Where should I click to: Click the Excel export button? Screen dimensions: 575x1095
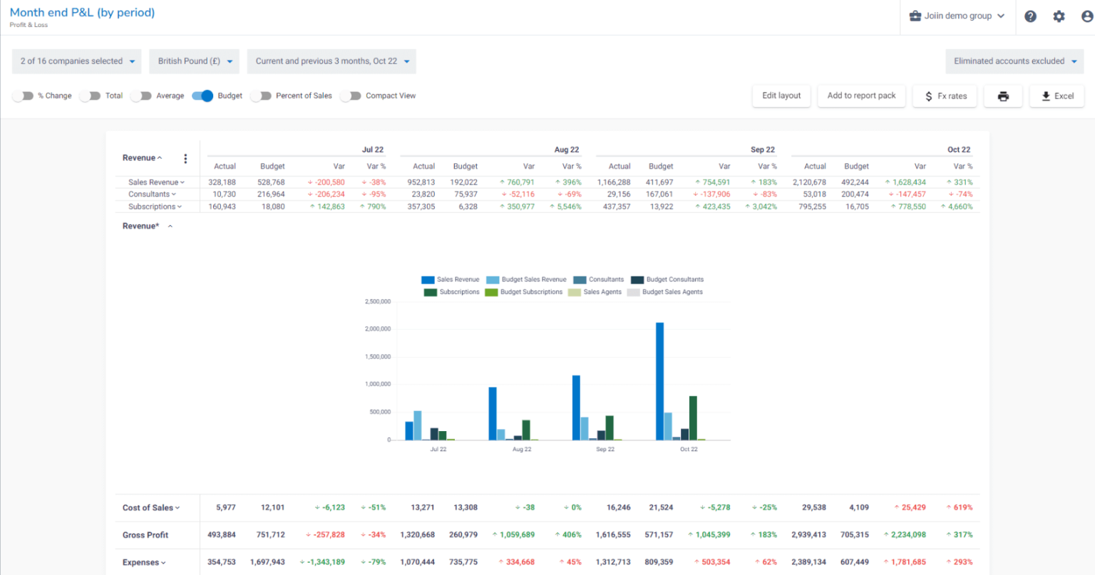pyautogui.click(x=1057, y=96)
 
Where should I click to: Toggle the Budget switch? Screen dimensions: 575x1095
pyautogui.click(x=202, y=96)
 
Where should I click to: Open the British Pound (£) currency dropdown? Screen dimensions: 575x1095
pyautogui.click(x=194, y=61)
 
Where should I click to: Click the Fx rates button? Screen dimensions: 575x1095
pyautogui.click(x=945, y=96)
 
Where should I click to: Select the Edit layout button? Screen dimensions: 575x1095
pyautogui.click(x=781, y=95)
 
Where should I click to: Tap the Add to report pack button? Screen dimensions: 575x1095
pyautogui.click(x=861, y=95)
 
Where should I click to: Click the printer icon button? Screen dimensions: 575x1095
pyautogui.click(x=1003, y=96)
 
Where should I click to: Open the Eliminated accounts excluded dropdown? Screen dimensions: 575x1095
pyautogui.click(x=1014, y=61)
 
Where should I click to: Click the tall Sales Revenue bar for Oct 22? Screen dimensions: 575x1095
pyautogui.click(x=659, y=380)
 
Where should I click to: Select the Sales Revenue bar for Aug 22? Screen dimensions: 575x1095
pyautogui.click(x=493, y=413)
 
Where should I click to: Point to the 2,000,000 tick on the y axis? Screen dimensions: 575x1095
pyautogui.click(x=378, y=329)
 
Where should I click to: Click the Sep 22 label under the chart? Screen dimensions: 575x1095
pyautogui.click(x=605, y=450)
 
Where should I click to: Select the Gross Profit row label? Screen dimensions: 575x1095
pyautogui.click(x=145, y=535)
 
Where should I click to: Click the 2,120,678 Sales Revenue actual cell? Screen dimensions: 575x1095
pyautogui.click(x=809, y=182)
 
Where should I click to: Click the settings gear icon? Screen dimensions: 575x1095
pyautogui.click(x=1059, y=16)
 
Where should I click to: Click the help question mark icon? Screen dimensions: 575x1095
pyautogui.click(x=1030, y=16)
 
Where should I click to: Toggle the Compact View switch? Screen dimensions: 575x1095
pyautogui.click(x=350, y=96)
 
